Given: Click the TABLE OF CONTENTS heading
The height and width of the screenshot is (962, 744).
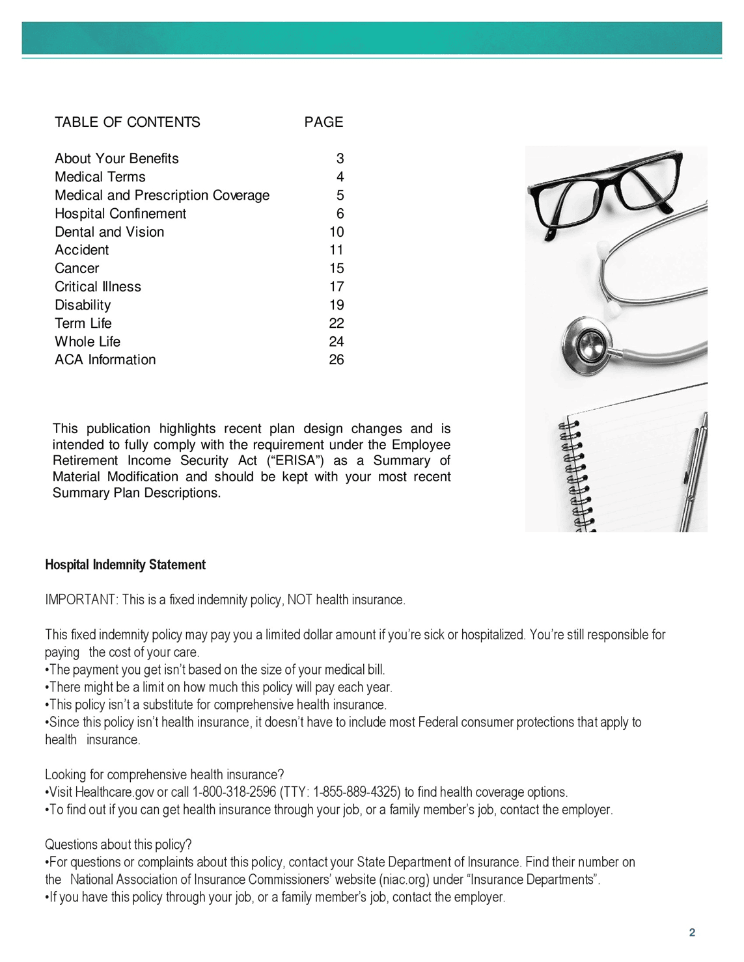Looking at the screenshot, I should tap(127, 122).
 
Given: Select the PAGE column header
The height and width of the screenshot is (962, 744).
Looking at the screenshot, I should tap(324, 122).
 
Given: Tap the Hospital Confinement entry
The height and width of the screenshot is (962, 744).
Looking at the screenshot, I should tap(120, 214).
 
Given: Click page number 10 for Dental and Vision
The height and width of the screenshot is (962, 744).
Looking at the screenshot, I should tap(337, 232).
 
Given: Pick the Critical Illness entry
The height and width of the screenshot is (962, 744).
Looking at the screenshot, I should tap(98, 287).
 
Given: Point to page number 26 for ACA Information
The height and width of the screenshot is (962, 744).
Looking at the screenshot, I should tap(337, 360).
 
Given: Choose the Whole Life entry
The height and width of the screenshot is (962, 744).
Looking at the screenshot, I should tap(87, 341).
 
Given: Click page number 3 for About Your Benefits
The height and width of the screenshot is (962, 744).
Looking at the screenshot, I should tap(340, 159).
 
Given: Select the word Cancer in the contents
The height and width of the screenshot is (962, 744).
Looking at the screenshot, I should tap(77, 269).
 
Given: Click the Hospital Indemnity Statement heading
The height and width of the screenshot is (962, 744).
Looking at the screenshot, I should tap(125, 565).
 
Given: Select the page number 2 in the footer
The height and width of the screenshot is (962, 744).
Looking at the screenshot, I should tap(692, 933).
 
